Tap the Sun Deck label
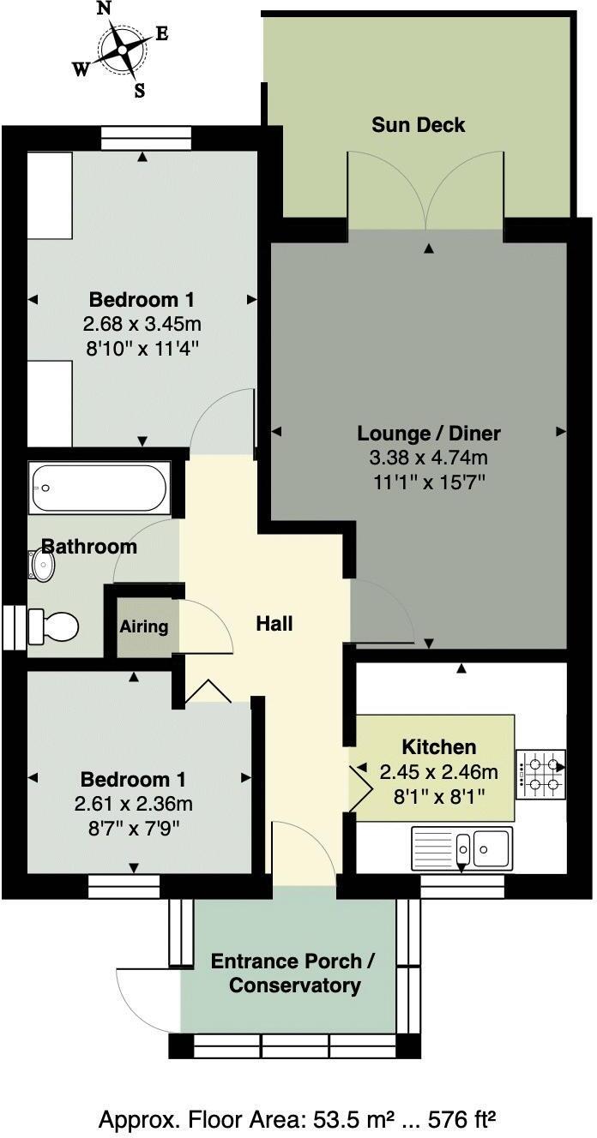click(x=418, y=125)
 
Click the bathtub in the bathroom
click(x=99, y=488)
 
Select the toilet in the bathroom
click(x=53, y=626)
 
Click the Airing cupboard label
click(x=143, y=626)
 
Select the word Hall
click(x=274, y=624)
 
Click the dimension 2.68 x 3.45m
click(x=142, y=325)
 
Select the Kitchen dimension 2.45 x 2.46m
click(x=438, y=772)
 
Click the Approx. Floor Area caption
click(x=298, y=1119)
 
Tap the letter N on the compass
click(x=105, y=9)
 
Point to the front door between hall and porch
click(x=303, y=857)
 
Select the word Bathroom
click(x=89, y=547)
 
